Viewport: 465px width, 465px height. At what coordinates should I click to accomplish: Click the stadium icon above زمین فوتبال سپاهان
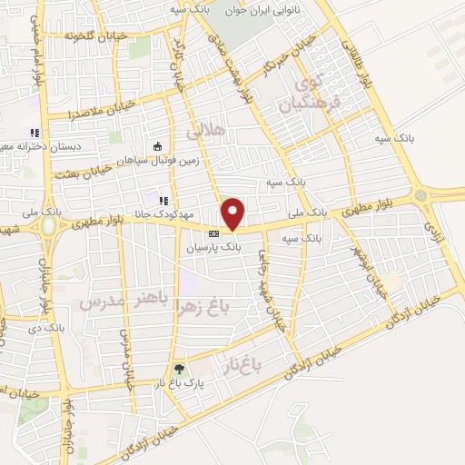[158, 145]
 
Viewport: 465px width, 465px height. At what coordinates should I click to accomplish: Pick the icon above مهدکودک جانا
[163, 201]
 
